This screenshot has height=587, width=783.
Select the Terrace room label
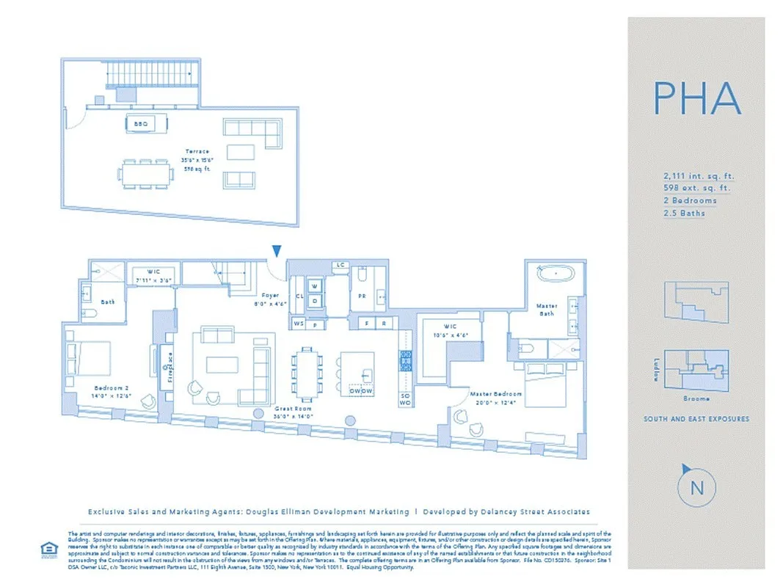(x=197, y=151)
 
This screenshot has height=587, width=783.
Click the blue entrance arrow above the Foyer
(x=275, y=252)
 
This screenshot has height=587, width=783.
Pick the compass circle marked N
(x=696, y=486)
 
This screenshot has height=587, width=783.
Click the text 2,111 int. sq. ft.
(x=697, y=176)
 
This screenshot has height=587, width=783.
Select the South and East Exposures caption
(x=696, y=419)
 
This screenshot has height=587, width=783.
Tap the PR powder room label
(x=362, y=296)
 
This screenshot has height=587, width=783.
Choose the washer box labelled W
(x=314, y=285)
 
